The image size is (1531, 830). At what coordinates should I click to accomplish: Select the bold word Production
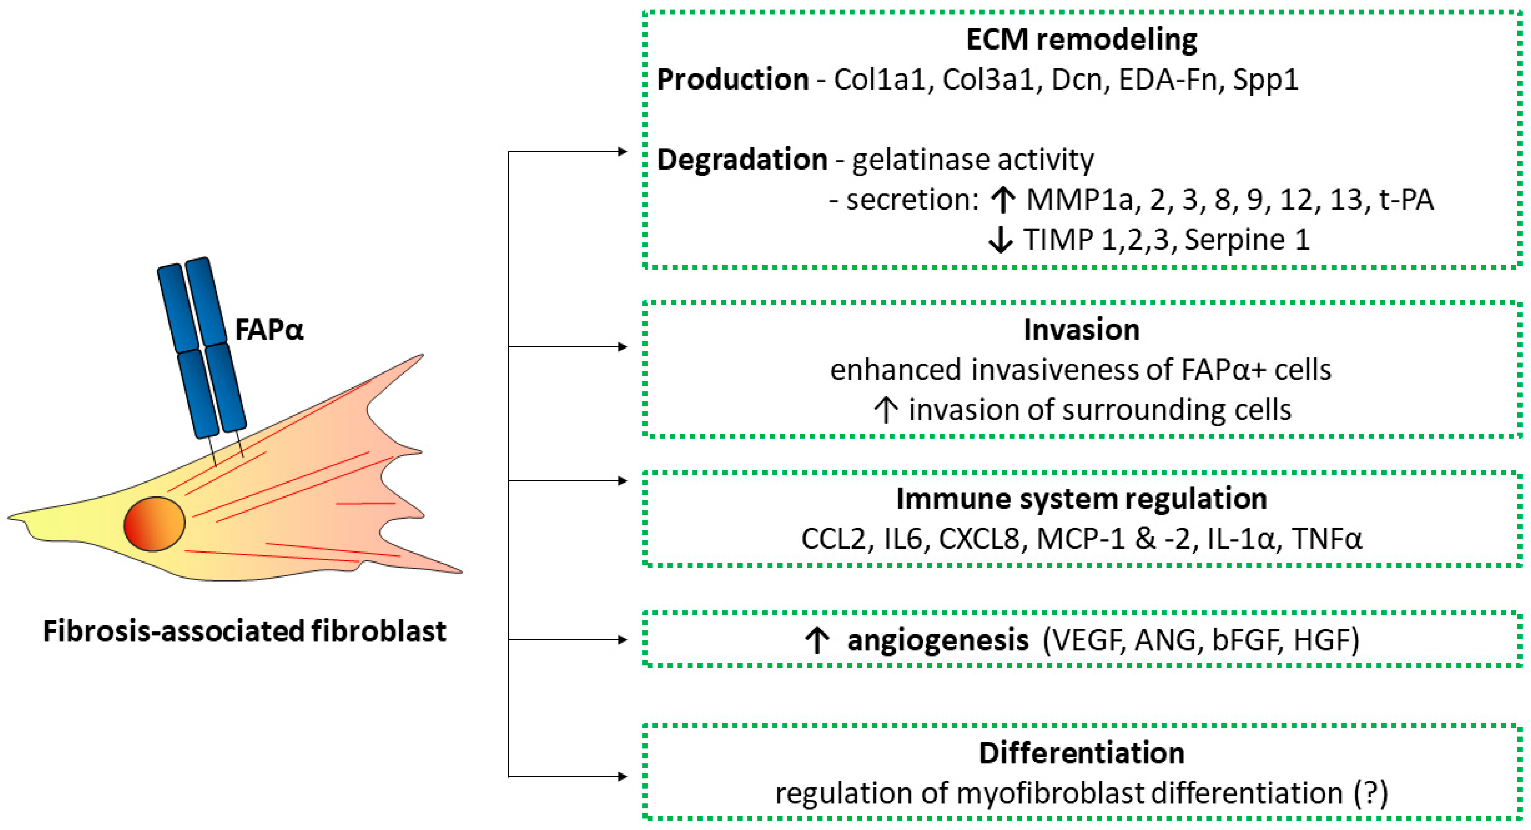(x=732, y=80)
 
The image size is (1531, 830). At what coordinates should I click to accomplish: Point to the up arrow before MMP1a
(x=1003, y=200)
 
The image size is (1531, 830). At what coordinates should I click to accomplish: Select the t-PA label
(x=1406, y=200)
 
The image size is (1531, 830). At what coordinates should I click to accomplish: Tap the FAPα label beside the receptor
(x=269, y=330)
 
